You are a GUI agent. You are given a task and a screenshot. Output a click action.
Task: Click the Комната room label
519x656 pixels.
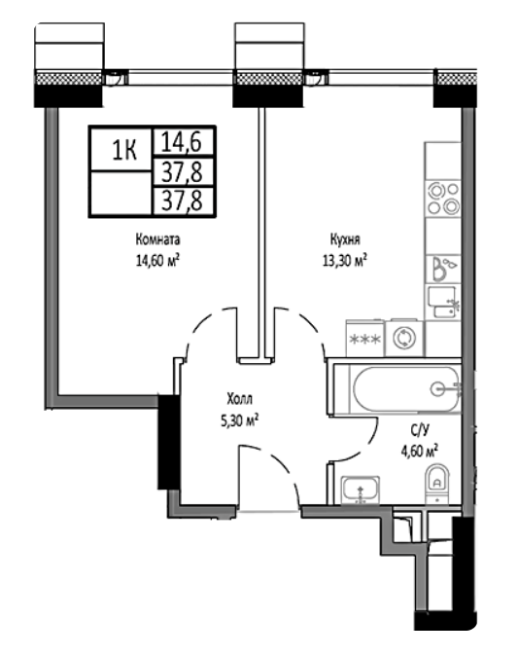pyautogui.click(x=157, y=239)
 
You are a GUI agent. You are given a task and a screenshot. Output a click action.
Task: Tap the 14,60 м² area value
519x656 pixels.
pyautogui.click(x=157, y=261)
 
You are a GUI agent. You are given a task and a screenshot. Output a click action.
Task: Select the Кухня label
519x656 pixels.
pyautogui.click(x=345, y=239)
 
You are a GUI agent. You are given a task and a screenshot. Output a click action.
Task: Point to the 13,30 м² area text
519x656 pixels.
pyautogui.click(x=345, y=261)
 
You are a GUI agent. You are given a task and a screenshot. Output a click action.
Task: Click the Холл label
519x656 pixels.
pyautogui.click(x=239, y=399)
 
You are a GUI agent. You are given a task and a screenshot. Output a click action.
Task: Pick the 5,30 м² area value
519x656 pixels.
pyautogui.click(x=239, y=420)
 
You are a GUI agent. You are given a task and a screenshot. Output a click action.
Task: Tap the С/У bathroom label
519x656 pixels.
pyautogui.click(x=420, y=429)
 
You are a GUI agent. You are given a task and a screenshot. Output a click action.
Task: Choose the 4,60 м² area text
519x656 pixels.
pyautogui.click(x=420, y=452)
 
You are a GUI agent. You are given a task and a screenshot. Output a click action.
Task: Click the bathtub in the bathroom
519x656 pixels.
pyautogui.click(x=405, y=389)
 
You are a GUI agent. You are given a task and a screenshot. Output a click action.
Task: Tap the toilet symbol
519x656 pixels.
pyautogui.click(x=436, y=484)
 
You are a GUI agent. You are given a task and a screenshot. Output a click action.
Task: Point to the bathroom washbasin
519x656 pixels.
pyautogui.click(x=361, y=490)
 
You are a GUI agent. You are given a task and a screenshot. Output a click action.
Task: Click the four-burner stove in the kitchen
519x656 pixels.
pyautogui.click(x=443, y=198)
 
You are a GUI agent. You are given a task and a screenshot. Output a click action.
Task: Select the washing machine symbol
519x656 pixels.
pyautogui.click(x=404, y=337)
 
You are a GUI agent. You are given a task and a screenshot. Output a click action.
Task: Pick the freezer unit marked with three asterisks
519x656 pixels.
pyautogui.click(x=365, y=338)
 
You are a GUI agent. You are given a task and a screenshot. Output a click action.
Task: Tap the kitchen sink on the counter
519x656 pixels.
pyautogui.click(x=443, y=302)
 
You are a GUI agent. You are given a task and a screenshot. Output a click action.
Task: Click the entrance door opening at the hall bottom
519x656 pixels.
pyautogui.click(x=269, y=509)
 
